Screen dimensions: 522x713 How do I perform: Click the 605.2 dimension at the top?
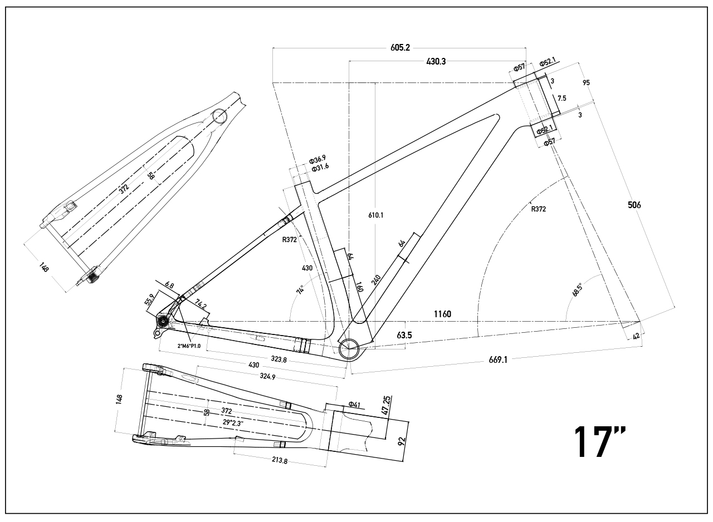tap(400, 48)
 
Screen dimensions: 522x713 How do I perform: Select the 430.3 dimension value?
tap(436, 62)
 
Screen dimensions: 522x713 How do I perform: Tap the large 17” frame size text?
tap(600, 442)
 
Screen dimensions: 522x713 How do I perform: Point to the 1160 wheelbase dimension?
tap(442, 314)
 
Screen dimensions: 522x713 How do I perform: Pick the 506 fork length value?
tap(634, 205)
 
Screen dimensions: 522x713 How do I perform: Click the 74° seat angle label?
tap(300, 290)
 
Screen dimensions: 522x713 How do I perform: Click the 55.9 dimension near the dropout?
tap(150, 300)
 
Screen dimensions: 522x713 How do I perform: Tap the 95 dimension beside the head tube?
tap(586, 83)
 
